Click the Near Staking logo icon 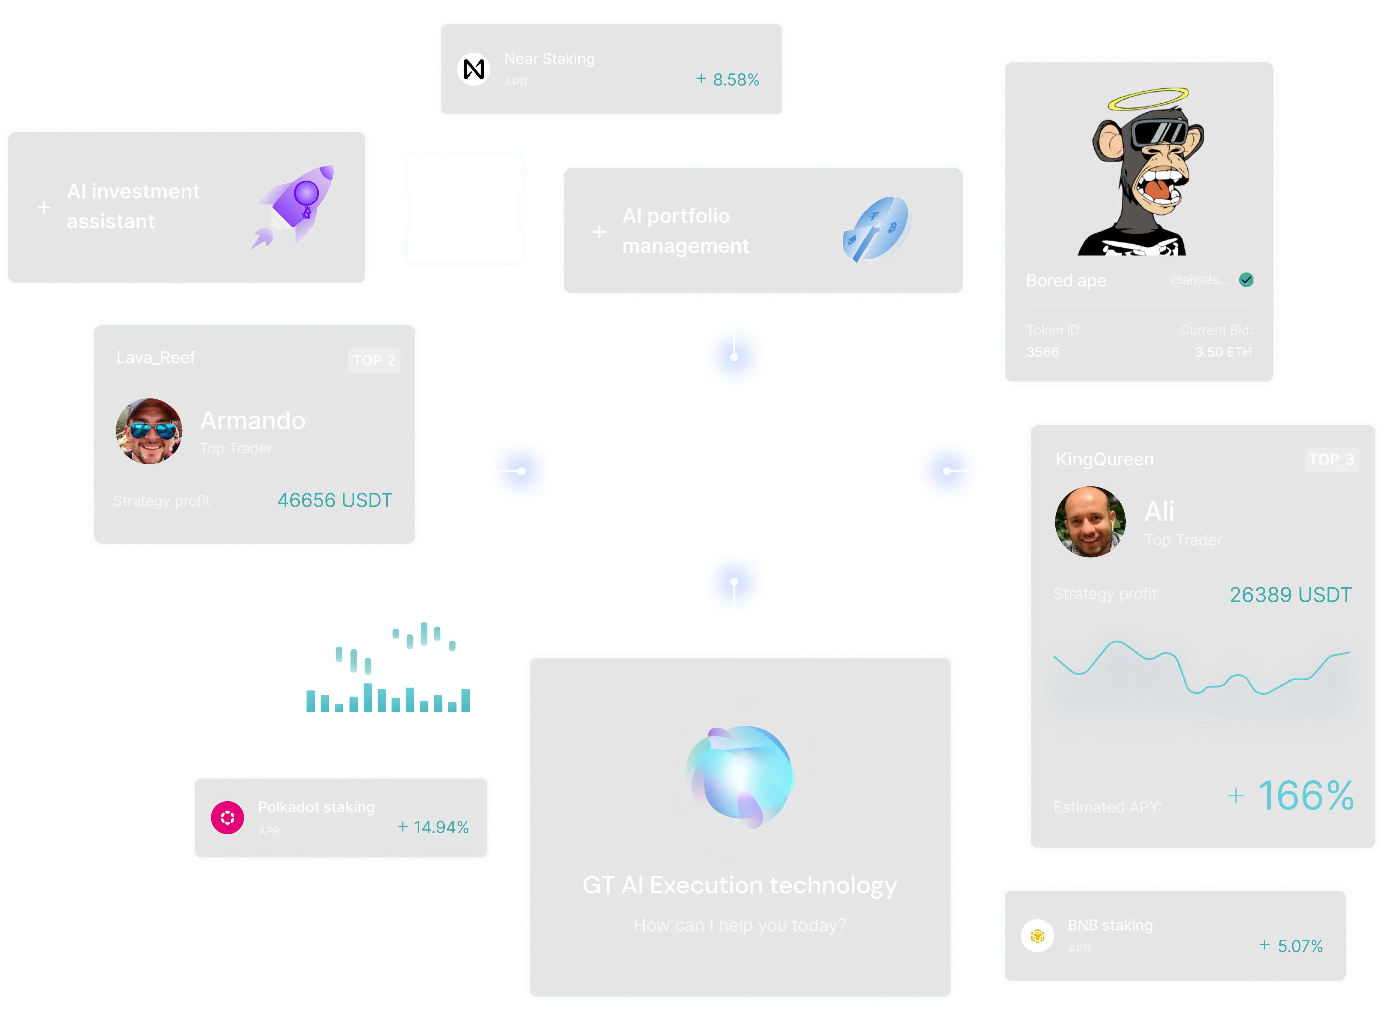[473, 69]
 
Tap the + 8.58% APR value [727, 80]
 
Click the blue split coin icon [878, 230]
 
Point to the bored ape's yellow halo [1148, 99]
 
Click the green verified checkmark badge [1246, 280]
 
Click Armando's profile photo [149, 431]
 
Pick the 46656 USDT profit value [334, 500]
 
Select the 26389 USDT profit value [1290, 595]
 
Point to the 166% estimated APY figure [1304, 795]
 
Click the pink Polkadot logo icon [227, 818]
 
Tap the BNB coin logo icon [1037, 936]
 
